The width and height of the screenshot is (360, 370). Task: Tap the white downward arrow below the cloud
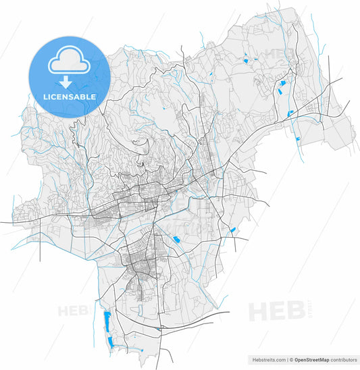point(66,82)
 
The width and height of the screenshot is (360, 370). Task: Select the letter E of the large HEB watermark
point(276,311)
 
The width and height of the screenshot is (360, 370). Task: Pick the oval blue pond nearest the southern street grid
point(177,240)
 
